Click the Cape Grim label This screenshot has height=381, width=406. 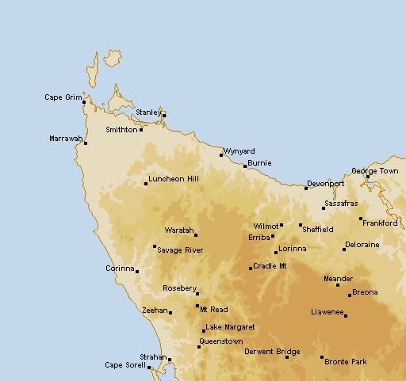pos(63,97)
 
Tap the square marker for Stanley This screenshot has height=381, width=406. pos(164,115)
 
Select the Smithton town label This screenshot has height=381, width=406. pos(121,129)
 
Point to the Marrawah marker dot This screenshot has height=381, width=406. pos(86,143)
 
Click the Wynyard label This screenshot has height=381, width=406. pos(239,150)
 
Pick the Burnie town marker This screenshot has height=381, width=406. pos(245,166)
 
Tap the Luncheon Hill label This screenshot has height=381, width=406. pos(172,179)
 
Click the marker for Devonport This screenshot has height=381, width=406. pos(306,189)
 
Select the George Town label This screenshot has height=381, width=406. pos(374,171)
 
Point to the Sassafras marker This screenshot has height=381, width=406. pos(324,208)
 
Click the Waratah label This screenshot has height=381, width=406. pos(178,231)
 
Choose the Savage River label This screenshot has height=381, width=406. pos(180,250)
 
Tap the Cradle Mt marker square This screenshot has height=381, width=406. pos(251,269)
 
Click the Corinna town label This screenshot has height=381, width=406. pos(120,269)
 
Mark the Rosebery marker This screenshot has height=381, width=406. pos(197,294)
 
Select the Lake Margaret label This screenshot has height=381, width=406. pos(230,327)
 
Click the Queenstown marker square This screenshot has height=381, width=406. pos(199,347)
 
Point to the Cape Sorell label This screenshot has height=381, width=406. pos(125,365)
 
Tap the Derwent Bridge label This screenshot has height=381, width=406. pos(272,351)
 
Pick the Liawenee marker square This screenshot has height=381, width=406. pos(345,315)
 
